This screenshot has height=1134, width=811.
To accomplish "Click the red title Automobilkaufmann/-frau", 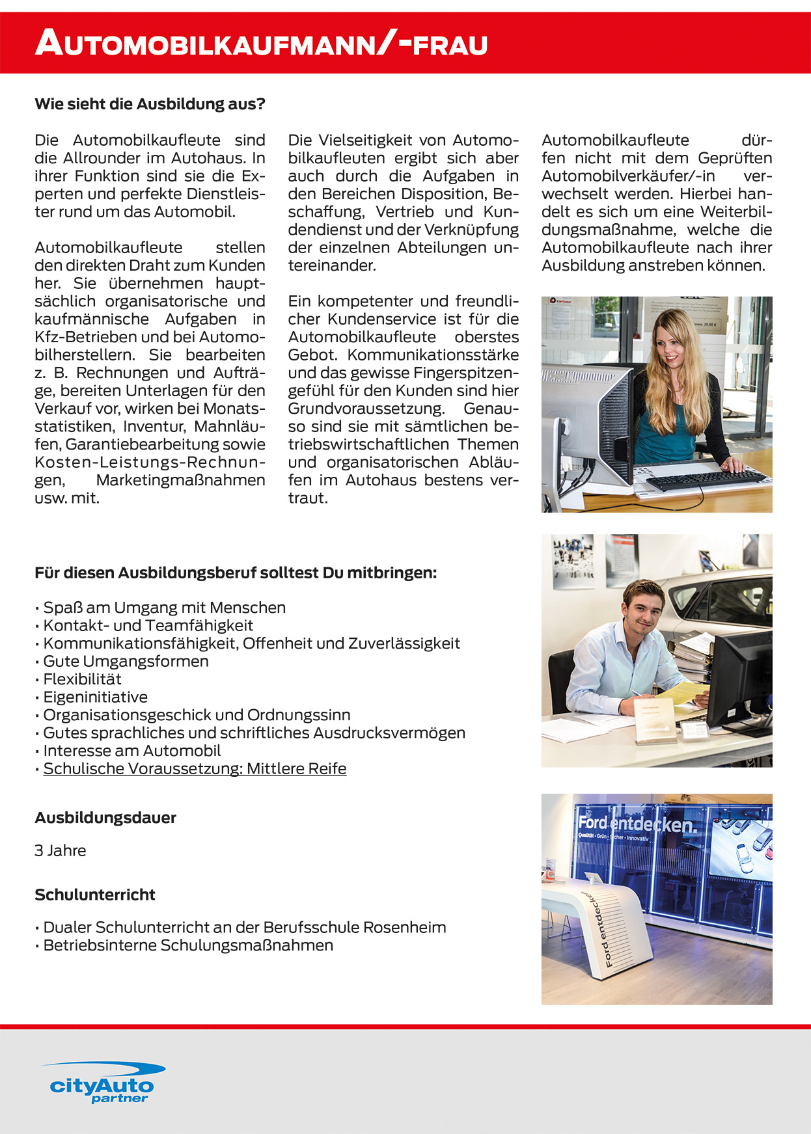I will [261, 44].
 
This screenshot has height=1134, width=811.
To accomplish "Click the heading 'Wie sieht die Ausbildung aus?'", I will [150, 104].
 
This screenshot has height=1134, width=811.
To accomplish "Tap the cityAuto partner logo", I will [102, 1083].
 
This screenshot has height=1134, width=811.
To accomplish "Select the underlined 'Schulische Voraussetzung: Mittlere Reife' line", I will [195, 768].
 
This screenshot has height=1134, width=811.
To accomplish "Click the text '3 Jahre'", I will [61, 850].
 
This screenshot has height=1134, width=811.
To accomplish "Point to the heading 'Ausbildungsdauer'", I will [105, 818].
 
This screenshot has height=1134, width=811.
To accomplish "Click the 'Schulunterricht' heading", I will [95, 895].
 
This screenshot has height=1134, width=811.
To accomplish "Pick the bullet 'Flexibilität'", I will [82, 679].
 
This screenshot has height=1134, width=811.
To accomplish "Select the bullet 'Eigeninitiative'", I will [95, 697].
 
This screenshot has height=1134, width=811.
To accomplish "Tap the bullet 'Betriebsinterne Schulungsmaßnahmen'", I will [188, 945].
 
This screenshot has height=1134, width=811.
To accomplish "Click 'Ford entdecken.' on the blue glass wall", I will [637, 825].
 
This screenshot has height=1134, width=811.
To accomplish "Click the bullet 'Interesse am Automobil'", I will [132, 751].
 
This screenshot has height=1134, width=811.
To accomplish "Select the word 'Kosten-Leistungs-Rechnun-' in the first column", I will [150, 463].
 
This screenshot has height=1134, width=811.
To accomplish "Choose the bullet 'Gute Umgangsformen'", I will [126, 661].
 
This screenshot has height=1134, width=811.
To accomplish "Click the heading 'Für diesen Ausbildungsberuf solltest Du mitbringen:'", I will [236, 573].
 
